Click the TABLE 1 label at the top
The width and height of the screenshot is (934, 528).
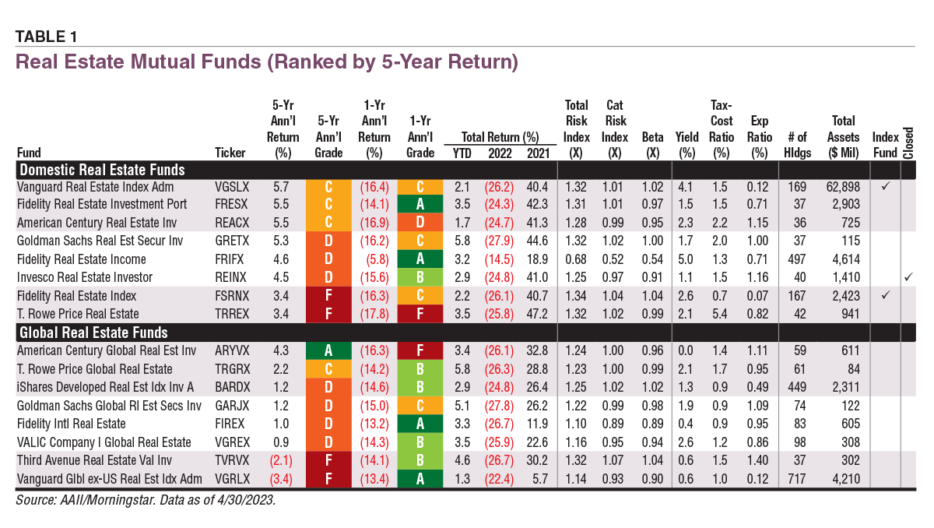click(x=46, y=37)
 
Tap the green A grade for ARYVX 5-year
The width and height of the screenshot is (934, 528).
click(x=328, y=350)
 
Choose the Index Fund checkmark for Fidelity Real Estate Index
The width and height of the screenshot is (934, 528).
click(x=885, y=296)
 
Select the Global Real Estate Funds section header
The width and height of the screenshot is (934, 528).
click(x=93, y=333)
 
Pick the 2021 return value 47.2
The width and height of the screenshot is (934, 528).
click(x=537, y=314)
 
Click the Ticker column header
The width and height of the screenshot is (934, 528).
click(x=230, y=153)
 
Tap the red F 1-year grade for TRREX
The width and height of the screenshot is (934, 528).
click(x=420, y=314)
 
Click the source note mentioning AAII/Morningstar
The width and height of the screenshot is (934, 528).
click(x=146, y=501)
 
